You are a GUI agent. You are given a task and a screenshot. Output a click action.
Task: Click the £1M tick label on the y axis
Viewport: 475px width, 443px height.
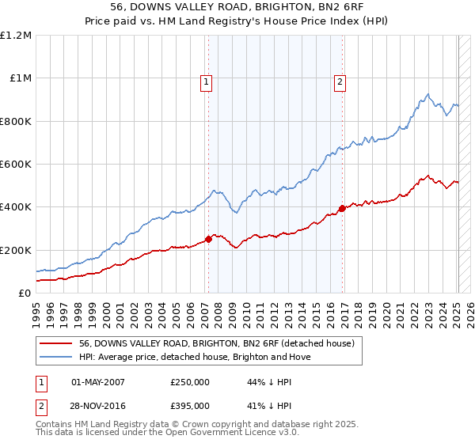click(x=21, y=78)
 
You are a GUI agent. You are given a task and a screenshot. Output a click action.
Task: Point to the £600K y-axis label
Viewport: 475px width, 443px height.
click(x=17, y=165)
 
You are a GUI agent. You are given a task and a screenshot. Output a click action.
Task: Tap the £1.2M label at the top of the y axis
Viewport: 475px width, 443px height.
click(x=17, y=36)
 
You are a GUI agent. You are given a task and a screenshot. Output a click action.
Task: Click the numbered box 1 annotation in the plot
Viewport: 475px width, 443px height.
click(x=206, y=81)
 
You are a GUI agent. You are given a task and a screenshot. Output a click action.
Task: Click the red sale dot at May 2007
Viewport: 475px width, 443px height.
click(x=208, y=239)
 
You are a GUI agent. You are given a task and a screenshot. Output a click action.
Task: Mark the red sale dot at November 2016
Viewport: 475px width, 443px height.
click(x=343, y=208)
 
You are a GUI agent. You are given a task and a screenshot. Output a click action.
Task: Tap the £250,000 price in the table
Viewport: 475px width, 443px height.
click(x=189, y=382)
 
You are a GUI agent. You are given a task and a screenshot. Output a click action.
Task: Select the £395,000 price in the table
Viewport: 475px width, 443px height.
click(x=189, y=406)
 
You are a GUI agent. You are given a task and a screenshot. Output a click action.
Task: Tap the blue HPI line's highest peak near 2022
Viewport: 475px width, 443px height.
click(x=427, y=94)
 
